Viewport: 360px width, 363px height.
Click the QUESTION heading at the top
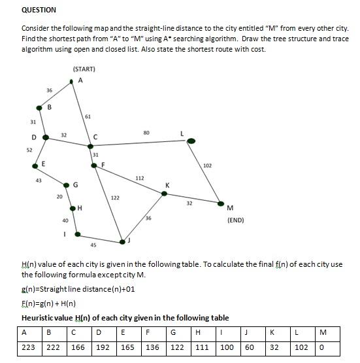tap(39, 10)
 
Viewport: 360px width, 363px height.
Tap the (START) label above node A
tap(84, 69)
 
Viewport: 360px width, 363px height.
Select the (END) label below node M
tap(236, 220)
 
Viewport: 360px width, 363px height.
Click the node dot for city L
tap(191, 141)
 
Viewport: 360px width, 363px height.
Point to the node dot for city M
tap(221, 203)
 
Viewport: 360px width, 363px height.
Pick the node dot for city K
tap(164, 193)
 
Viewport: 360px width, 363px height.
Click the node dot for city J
tap(122, 242)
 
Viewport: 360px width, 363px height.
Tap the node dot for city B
tap(40, 107)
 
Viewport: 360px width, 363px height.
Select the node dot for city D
tap(45, 137)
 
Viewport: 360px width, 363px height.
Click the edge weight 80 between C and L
tap(146, 133)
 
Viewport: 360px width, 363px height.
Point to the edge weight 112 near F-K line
tap(140, 178)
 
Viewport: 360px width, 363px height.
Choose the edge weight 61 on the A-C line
tap(88, 116)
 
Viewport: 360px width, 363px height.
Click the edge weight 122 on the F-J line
tap(115, 198)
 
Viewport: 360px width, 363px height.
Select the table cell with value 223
tap(29, 348)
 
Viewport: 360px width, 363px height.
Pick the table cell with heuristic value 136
tap(153, 348)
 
